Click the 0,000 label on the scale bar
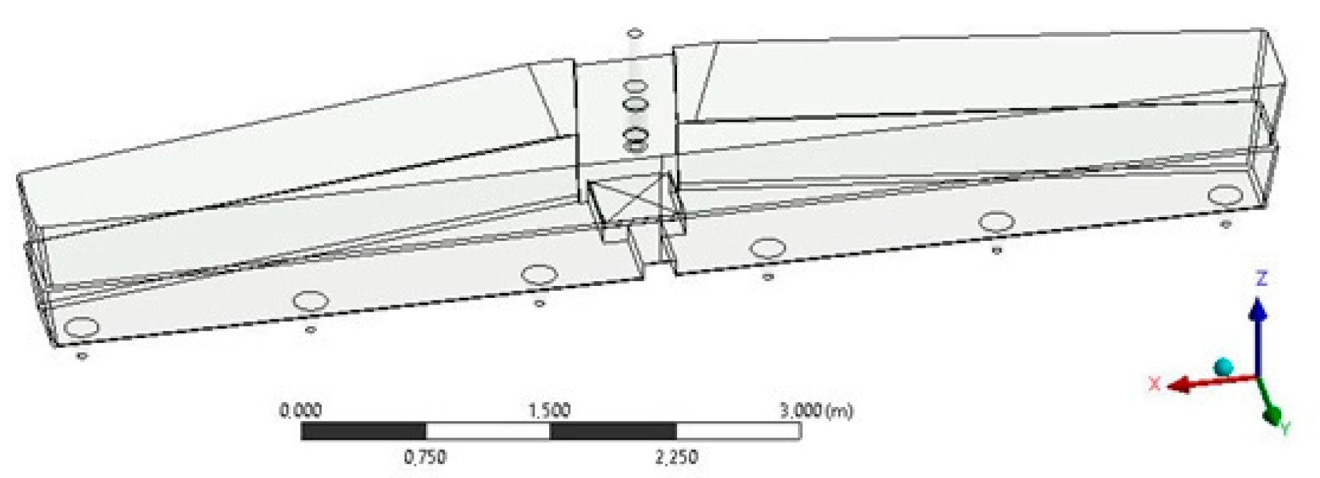(x=300, y=411)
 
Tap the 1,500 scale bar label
(x=549, y=411)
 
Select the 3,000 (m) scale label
(x=816, y=411)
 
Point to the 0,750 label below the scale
(x=425, y=457)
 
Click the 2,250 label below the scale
(x=676, y=457)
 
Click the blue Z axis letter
(x=1262, y=279)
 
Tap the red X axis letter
(x=1154, y=383)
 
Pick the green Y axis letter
(x=1285, y=429)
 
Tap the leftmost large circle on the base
(x=81, y=327)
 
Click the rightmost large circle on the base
(x=1225, y=196)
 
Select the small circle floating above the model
(x=634, y=33)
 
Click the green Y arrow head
(x=1273, y=415)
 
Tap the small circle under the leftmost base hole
(x=82, y=356)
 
